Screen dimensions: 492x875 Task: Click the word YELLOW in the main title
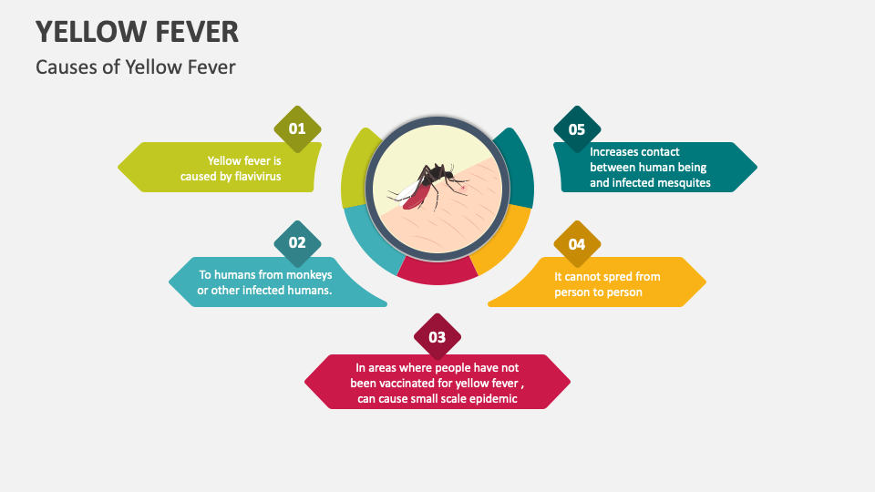tap(88, 32)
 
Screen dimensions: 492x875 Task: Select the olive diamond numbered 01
tap(297, 128)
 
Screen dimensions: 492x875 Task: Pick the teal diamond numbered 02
tap(297, 242)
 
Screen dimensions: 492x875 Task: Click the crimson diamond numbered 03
tap(437, 337)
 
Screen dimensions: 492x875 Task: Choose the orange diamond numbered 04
tap(577, 243)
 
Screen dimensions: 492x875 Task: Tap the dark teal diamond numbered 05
tap(577, 129)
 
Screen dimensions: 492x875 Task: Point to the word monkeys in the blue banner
tap(308, 274)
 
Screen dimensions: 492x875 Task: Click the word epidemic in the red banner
tap(492, 399)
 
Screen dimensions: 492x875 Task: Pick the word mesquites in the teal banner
tap(680, 183)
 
